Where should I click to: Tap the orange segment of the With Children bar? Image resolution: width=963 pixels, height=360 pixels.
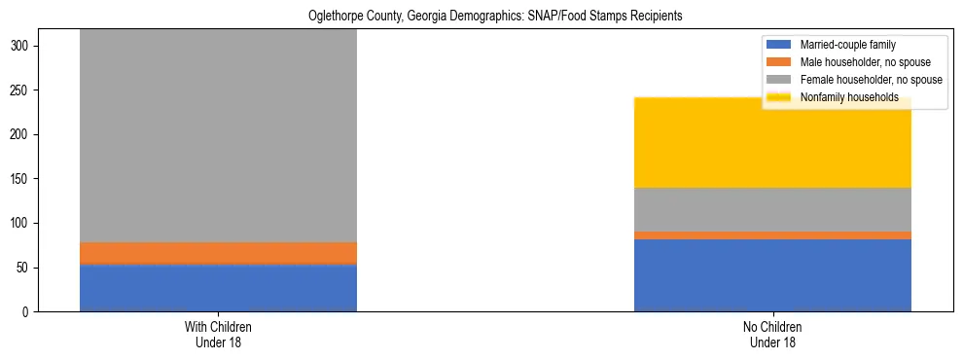click(x=218, y=253)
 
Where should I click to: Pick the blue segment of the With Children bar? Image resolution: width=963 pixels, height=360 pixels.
click(x=218, y=288)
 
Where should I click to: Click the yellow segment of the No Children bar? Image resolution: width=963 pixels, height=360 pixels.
click(x=772, y=142)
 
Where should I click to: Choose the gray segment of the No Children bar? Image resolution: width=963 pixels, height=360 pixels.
click(x=772, y=209)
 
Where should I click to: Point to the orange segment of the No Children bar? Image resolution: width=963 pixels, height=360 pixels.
click(x=772, y=235)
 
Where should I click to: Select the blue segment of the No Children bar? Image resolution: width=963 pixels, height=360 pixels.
click(x=772, y=275)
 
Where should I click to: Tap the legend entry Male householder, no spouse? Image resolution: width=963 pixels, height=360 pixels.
click(x=857, y=62)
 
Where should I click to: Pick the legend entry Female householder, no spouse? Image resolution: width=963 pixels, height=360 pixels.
click(x=862, y=80)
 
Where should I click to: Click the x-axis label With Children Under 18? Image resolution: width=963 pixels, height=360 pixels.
click(x=218, y=334)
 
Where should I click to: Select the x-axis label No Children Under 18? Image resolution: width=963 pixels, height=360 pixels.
click(x=772, y=334)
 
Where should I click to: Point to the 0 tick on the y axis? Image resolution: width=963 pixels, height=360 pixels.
click(x=29, y=312)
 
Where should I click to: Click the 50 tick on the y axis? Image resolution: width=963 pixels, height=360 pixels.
click(x=26, y=268)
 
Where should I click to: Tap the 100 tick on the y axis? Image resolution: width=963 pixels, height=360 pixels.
click(x=23, y=224)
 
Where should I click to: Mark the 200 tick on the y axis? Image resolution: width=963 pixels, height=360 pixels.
click(x=23, y=134)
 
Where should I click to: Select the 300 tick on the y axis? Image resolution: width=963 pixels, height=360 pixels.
click(x=23, y=46)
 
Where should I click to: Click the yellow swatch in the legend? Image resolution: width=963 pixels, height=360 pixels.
click(x=779, y=97)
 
